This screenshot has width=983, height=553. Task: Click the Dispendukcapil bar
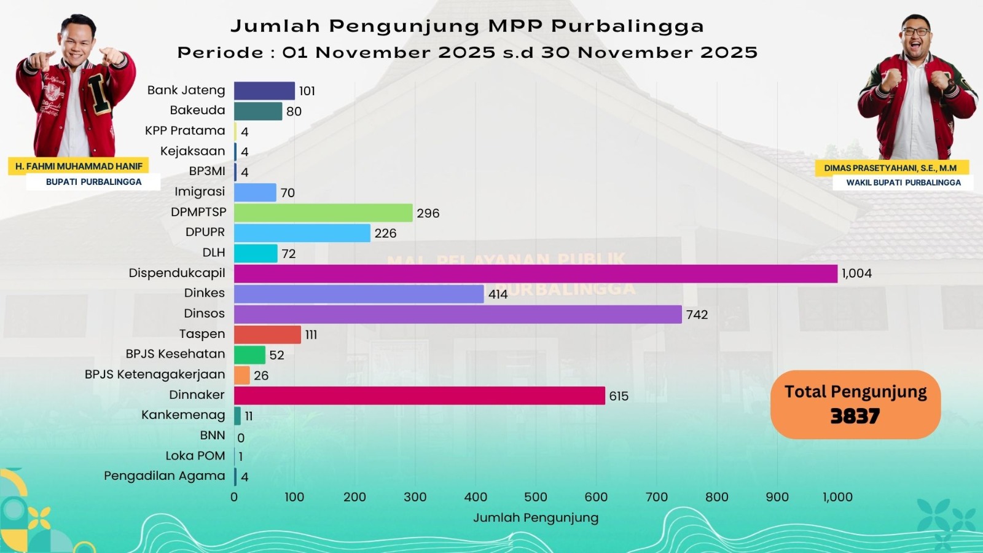click(535, 273)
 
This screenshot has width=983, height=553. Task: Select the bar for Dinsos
click(458, 314)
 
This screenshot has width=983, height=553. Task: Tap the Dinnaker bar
click(419, 396)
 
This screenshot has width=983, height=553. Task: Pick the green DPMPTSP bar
click(323, 213)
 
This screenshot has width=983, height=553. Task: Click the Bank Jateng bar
click(264, 90)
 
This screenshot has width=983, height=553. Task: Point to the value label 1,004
click(856, 273)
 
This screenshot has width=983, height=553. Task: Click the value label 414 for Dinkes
click(498, 294)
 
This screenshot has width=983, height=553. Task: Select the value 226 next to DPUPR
click(385, 233)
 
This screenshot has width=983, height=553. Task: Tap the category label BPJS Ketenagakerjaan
click(155, 375)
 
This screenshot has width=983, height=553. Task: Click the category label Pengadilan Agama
click(164, 476)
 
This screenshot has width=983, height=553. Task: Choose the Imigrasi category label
click(200, 192)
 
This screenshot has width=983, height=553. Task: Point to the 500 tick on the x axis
click(536, 497)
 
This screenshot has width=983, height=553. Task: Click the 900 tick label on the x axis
click(777, 497)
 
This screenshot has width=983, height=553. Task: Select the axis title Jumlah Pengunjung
click(536, 518)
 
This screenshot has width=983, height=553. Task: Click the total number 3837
click(855, 417)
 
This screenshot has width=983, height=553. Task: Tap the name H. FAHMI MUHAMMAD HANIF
click(79, 167)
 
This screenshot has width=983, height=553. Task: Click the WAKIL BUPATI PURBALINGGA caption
click(903, 182)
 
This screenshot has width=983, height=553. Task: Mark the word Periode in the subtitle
click(221, 53)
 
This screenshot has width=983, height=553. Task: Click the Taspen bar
click(267, 334)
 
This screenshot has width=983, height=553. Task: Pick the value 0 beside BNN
click(241, 438)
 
